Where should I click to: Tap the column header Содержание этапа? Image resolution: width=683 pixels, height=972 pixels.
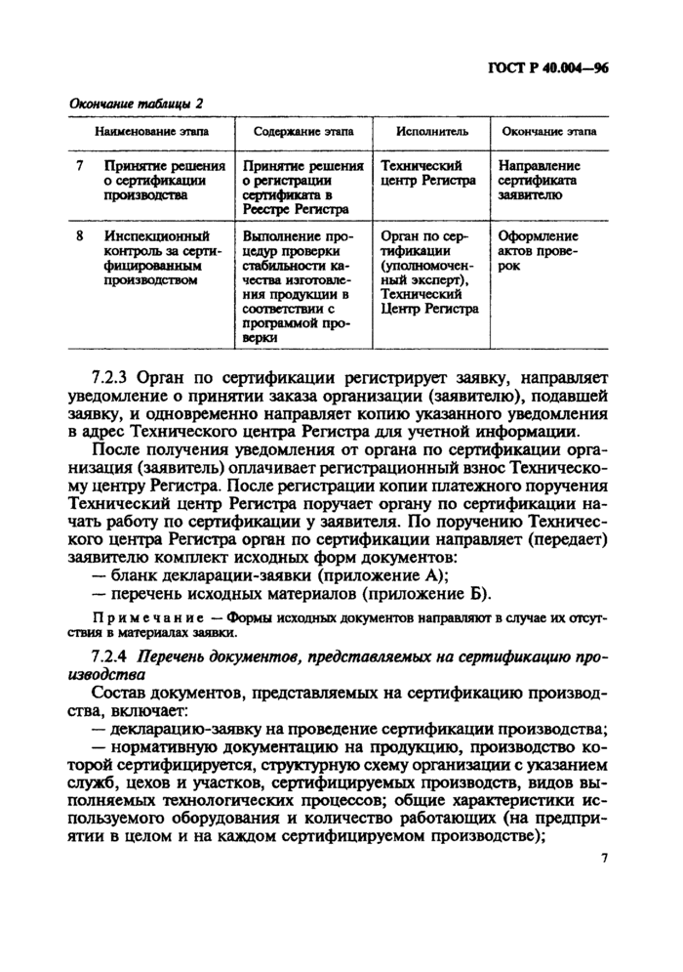(x=303, y=131)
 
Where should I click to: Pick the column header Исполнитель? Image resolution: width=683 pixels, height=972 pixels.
(x=431, y=131)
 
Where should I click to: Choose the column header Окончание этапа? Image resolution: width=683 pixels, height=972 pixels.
(x=548, y=131)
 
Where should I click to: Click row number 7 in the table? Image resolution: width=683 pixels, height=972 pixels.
(x=79, y=166)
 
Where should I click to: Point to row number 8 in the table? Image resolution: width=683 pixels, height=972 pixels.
(x=79, y=236)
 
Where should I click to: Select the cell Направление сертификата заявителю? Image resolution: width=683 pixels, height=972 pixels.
(x=538, y=181)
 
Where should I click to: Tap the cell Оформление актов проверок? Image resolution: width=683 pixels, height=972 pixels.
(x=538, y=250)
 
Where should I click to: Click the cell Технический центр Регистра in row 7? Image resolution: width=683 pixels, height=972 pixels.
(x=428, y=174)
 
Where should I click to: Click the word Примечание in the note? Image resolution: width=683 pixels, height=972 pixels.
(x=146, y=618)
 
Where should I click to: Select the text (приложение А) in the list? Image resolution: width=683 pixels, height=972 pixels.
(x=391, y=573)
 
